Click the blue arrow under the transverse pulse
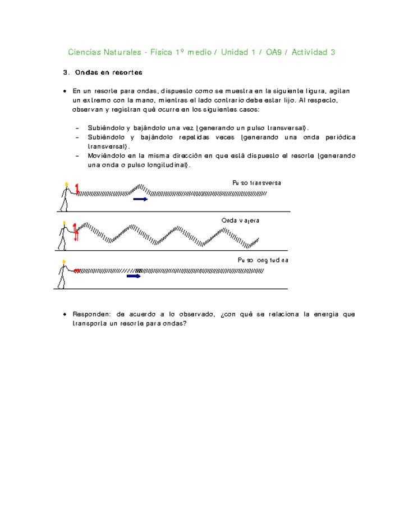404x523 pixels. tap(140, 199)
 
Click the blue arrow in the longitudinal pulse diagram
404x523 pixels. tap(134, 276)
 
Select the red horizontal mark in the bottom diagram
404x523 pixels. tap(77, 270)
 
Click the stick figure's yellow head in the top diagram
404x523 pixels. tap(66, 184)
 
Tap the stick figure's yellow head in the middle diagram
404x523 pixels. tap(65, 223)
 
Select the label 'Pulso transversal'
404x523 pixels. tap(256, 183)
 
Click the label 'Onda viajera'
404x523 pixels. tap(240, 221)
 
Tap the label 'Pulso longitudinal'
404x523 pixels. tap(263, 260)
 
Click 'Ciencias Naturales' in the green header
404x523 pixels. tap(104, 52)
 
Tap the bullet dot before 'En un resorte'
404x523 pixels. tap(65, 91)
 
